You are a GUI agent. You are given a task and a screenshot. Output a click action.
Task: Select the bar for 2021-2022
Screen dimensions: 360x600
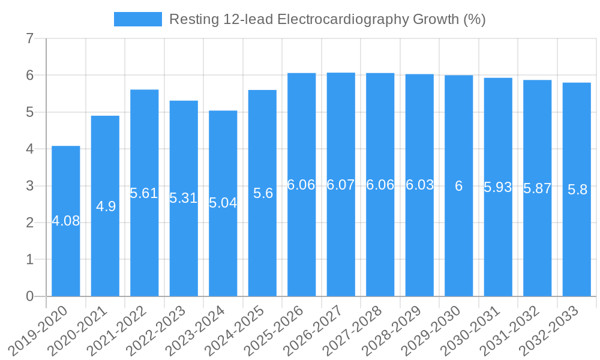tap(145, 240)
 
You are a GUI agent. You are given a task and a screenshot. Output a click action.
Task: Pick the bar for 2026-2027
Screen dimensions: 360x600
tap(341, 240)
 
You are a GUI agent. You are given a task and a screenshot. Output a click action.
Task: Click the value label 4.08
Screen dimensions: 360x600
tap(66, 221)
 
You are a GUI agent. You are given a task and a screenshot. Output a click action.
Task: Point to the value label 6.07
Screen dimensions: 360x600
tap(341, 185)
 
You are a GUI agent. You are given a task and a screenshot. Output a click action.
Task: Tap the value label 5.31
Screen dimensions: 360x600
tap(184, 198)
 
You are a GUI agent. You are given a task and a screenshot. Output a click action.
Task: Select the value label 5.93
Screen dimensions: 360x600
tap(498, 187)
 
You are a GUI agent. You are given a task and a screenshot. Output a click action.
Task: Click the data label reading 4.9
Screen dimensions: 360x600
tap(106, 206)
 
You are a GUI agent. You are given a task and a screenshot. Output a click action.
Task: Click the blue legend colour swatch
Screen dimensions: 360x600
tap(138, 19)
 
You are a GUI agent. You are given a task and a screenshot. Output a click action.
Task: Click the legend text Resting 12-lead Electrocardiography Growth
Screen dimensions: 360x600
tap(327, 19)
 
